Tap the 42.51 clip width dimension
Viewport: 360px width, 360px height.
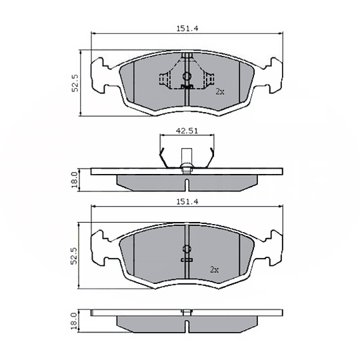[187, 131]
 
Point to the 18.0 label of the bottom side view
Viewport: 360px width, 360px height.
[75, 320]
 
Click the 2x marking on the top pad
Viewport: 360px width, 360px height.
[219, 91]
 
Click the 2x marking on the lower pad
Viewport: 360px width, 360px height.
[214, 269]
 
